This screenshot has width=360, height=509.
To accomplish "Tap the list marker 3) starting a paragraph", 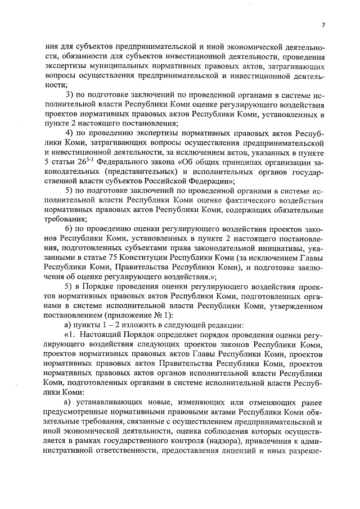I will tap(70, 93).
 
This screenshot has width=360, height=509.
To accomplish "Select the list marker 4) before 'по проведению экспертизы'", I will tap(70, 132).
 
